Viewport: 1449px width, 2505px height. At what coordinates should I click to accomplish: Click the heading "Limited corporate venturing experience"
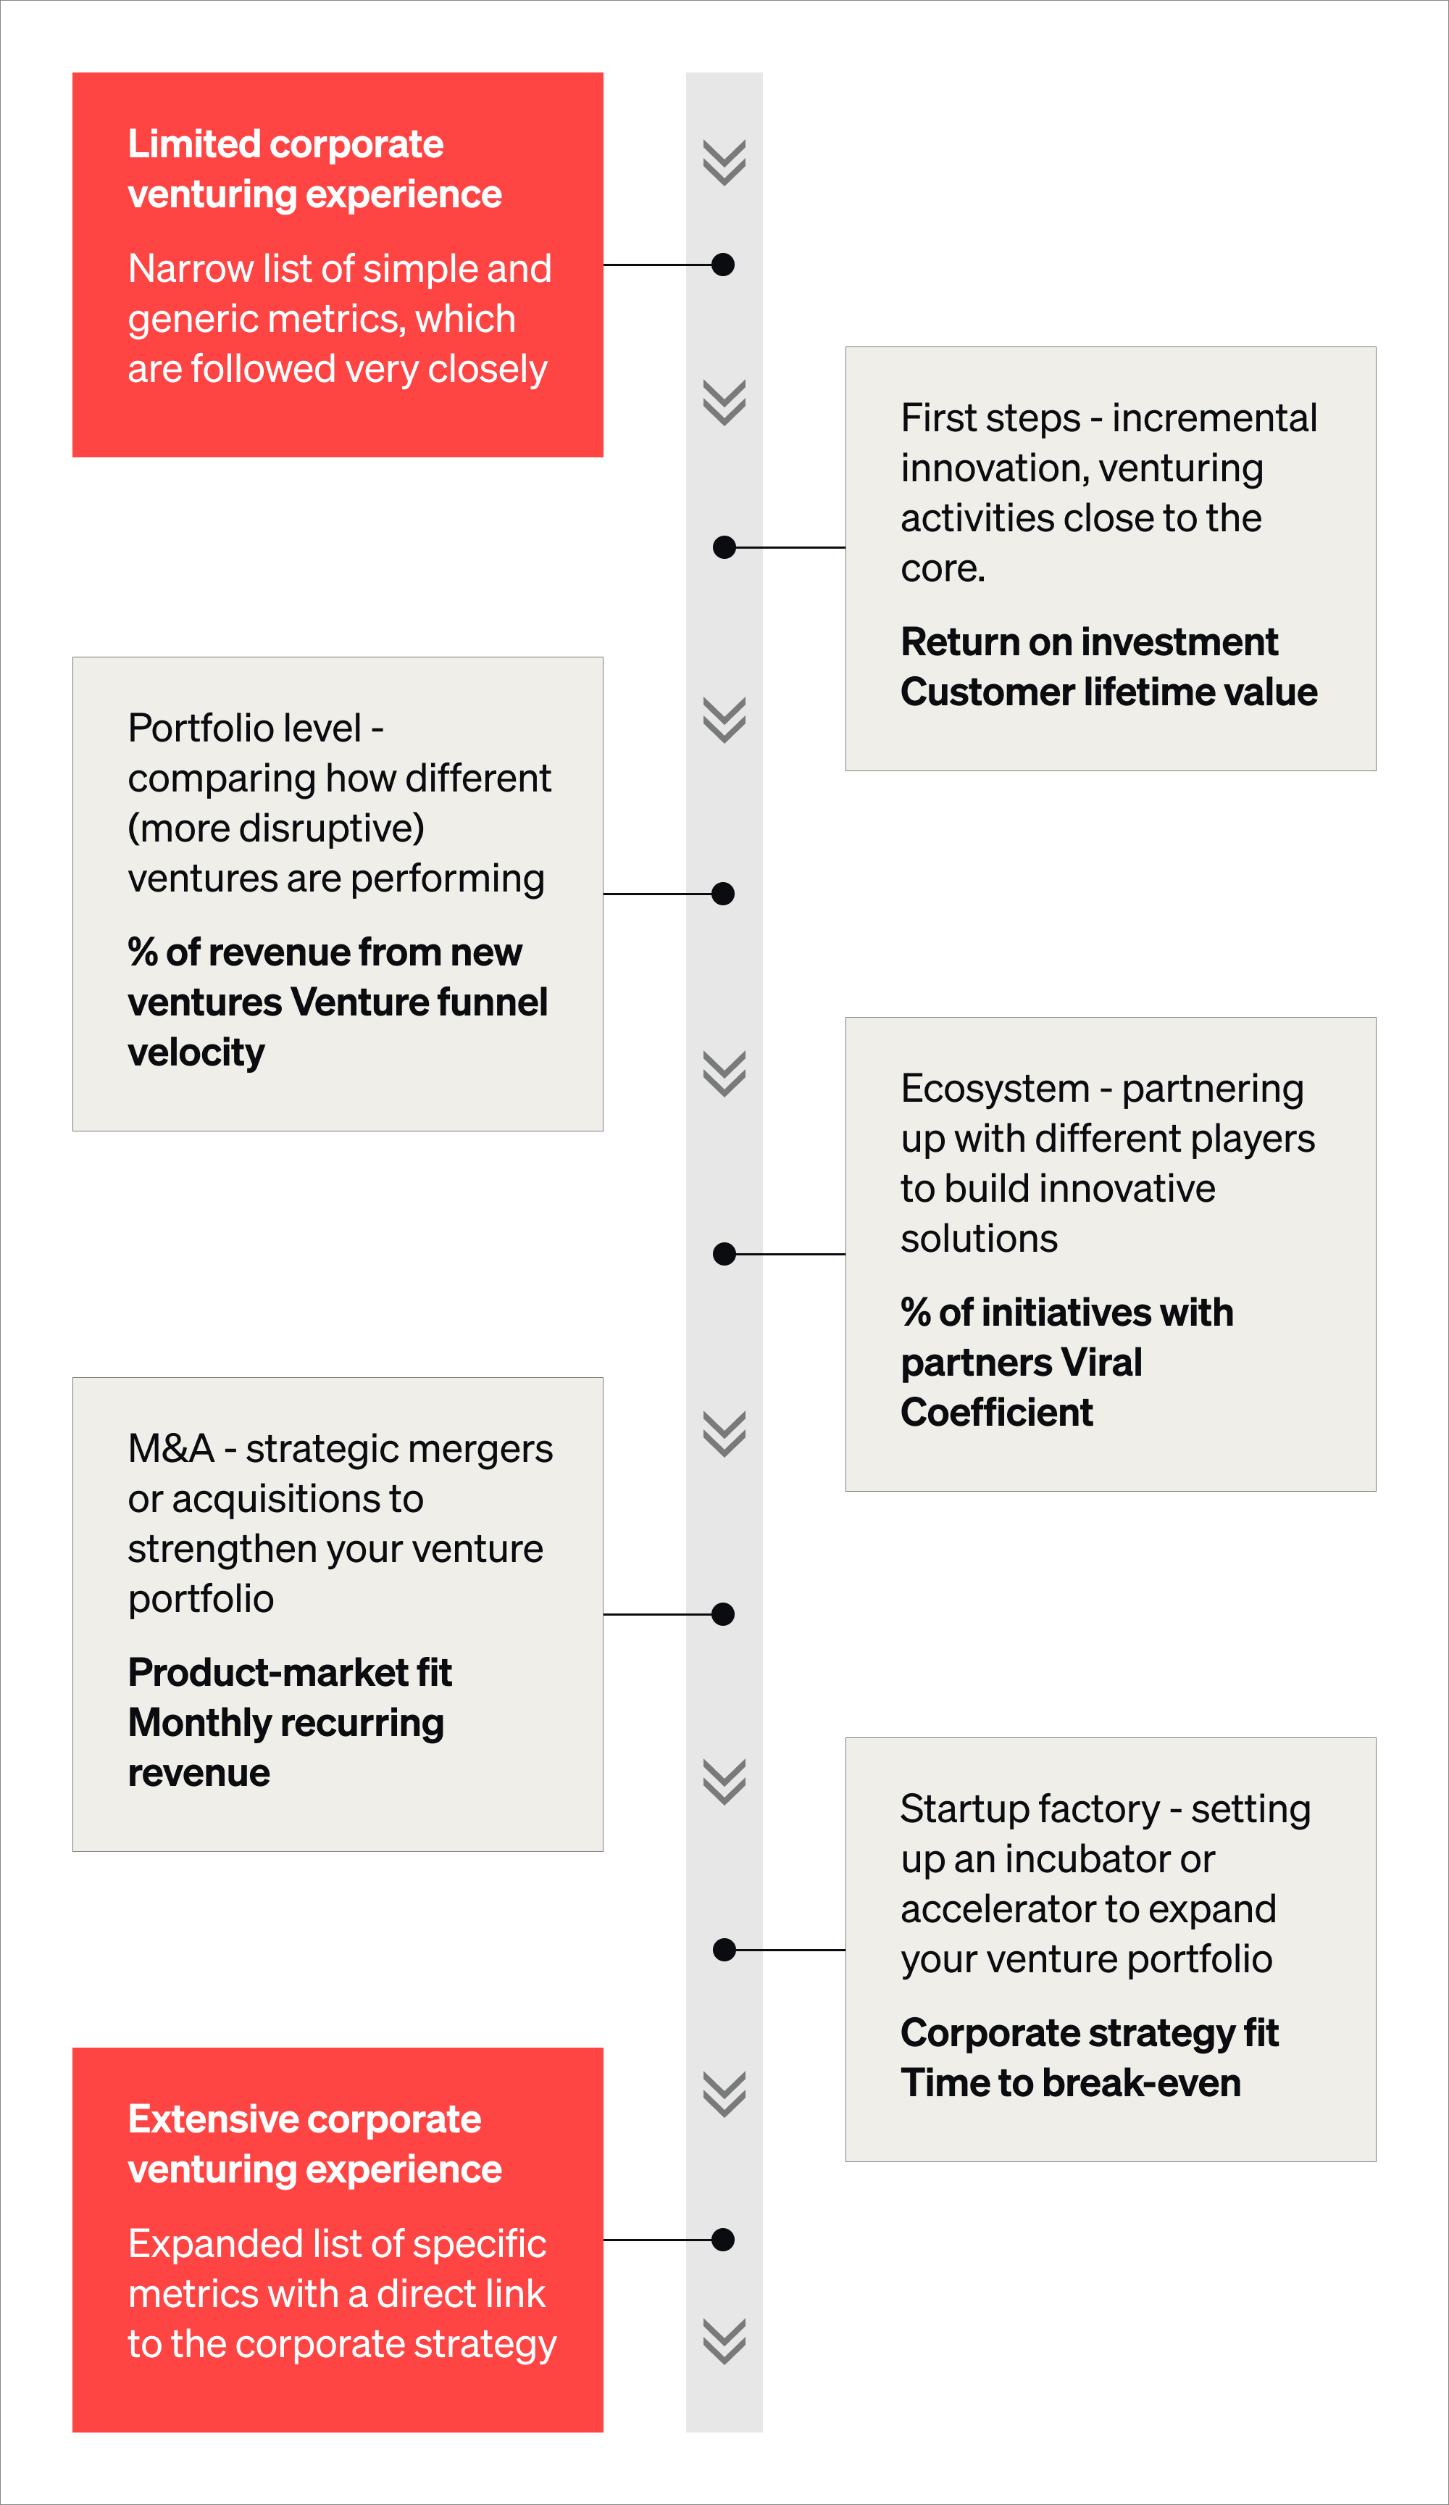[314, 169]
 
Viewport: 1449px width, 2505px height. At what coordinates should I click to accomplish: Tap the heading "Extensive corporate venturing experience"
[314, 2144]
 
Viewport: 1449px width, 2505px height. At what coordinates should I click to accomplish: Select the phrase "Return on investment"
[1088, 642]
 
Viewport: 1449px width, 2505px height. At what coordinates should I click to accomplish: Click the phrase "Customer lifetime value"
[1108, 692]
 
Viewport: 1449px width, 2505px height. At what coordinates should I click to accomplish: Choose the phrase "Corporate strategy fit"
[1088, 2033]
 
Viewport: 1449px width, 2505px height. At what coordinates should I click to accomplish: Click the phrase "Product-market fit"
[289, 1672]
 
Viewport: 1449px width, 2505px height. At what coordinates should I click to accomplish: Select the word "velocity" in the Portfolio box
[196, 1052]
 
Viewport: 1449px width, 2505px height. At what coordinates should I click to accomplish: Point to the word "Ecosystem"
[995, 1089]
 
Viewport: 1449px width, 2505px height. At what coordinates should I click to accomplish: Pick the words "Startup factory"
[1030, 1809]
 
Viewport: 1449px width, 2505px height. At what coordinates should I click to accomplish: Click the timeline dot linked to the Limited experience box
[724, 265]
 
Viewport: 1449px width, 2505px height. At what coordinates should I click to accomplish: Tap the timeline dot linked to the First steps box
[724, 547]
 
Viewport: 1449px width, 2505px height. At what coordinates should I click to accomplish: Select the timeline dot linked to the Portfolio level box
[724, 894]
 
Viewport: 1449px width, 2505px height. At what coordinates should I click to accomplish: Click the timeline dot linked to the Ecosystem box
[724, 1255]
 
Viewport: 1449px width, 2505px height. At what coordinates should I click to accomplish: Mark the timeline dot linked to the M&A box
[724, 1614]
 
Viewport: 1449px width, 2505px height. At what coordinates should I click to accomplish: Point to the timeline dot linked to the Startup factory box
[724, 1951]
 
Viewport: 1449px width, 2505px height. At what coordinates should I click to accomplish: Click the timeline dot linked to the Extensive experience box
[724, 2240]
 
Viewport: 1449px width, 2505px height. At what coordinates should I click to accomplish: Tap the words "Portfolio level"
[244, 728]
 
